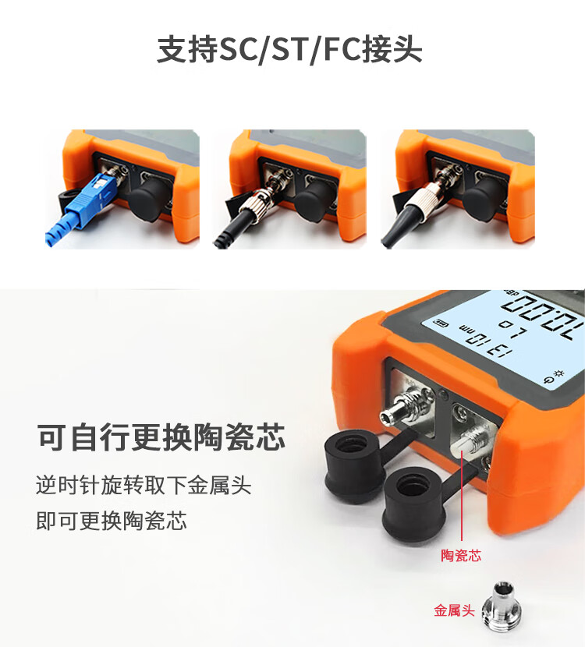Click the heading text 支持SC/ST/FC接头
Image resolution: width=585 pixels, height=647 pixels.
pos(289,50)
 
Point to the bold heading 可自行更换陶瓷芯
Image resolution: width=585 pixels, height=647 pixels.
pos(161,437)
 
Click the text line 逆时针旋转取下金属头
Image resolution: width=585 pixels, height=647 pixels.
pos(144,485)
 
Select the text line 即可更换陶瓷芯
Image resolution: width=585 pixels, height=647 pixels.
pos(111,521)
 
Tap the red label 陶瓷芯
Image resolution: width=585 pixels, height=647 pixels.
pos(461,555)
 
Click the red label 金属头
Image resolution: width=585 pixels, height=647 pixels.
pos(454,610)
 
